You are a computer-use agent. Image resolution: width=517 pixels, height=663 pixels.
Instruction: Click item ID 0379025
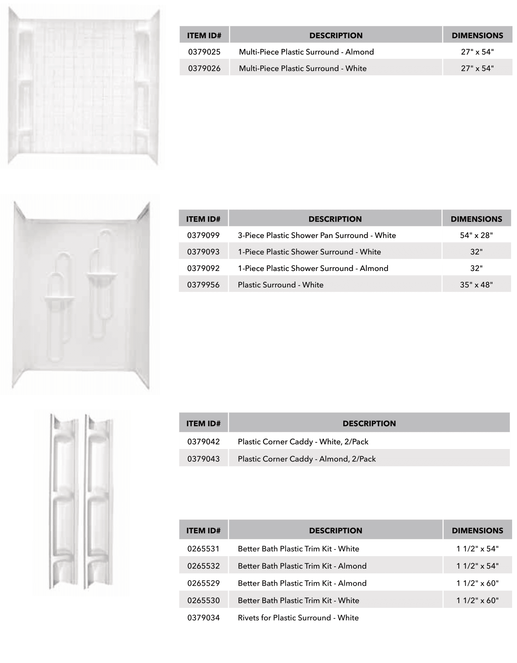tap(204, 52)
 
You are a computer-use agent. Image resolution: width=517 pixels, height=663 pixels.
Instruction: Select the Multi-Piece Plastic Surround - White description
tap(302, 68)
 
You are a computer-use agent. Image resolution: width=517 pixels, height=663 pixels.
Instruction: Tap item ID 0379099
tap(203, 235)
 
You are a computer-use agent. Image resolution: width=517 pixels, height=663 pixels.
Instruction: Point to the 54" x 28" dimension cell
tap(476, 235)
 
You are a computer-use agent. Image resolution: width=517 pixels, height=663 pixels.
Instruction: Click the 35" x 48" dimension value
tap(476, 285)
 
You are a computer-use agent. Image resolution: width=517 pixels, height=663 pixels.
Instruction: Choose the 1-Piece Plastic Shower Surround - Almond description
tap(313, 268)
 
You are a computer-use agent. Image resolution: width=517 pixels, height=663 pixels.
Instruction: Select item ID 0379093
tap(203, 252)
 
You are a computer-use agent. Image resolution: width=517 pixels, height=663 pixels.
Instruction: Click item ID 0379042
tap(203, 442)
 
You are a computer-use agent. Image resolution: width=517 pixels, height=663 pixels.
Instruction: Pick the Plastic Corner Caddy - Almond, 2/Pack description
tap(307, 459)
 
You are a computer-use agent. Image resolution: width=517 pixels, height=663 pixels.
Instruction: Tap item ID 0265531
tap(203, 549)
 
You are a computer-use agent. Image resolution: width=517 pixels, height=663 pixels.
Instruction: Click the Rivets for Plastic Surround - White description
tap(298, 618)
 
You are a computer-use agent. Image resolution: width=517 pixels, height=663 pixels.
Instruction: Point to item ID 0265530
tap(203, 600)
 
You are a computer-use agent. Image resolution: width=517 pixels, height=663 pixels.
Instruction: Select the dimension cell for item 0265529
tap(477, 583)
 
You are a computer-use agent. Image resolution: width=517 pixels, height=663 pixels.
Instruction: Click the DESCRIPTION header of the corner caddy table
tap(369, 424)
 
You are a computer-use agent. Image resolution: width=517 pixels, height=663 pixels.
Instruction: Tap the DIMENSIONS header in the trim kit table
tap(477, 530)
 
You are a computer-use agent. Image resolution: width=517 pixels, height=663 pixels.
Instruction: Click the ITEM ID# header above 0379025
tap(204, 36)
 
